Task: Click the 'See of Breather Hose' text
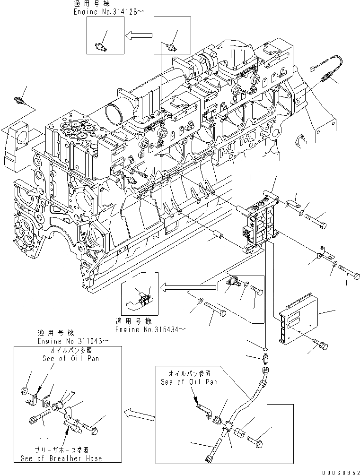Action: [x=61, y=458]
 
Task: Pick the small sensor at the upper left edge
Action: [x=20, y=101]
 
